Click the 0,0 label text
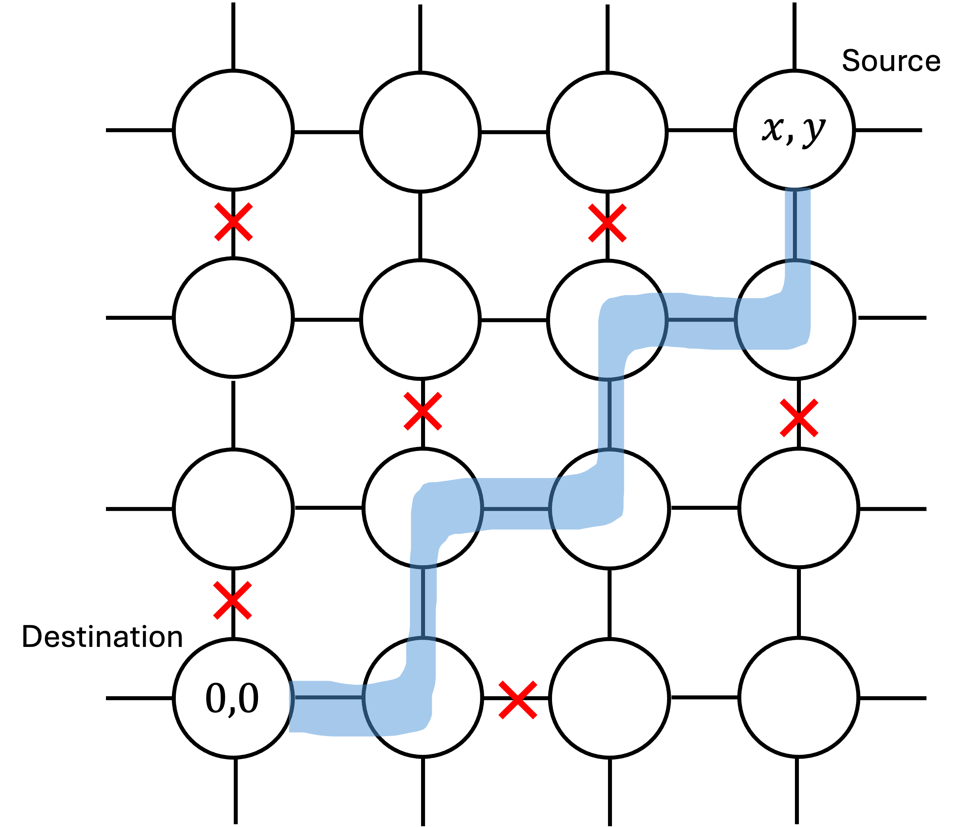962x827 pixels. click(232, 698)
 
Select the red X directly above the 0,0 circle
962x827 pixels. click(233, 600)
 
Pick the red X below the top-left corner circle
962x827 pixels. click(233, 222)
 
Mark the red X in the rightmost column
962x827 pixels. click(798, 418)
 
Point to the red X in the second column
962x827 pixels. click(423, 411)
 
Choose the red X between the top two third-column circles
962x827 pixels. click(607, 223)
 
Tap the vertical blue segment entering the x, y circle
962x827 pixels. click(797, 225)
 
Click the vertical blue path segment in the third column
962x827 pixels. click(610, 414)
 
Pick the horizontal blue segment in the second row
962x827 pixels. click(701, 320)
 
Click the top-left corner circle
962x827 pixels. click(233, 130)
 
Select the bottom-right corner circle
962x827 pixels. click(798, 698)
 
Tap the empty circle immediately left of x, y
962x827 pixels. click(607, 132)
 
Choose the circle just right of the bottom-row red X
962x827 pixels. click(609, 698)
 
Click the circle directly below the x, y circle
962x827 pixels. click(795, 319)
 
